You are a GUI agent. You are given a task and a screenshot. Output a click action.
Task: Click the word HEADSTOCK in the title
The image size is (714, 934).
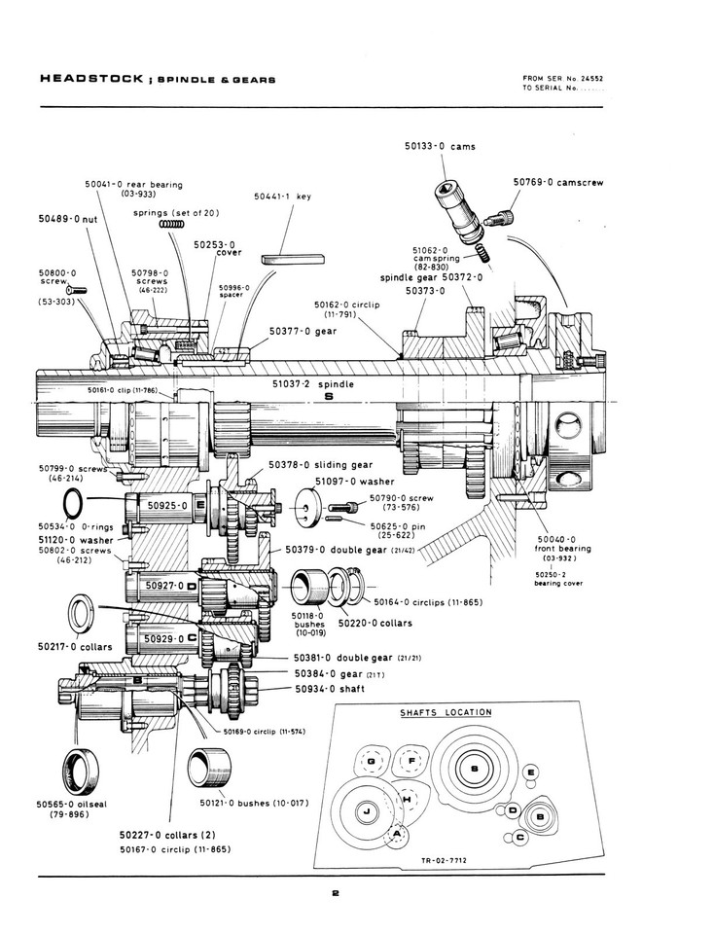81,79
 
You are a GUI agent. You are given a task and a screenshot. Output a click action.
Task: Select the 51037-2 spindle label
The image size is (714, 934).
314,384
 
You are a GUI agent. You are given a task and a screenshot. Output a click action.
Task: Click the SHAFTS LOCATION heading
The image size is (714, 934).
446,712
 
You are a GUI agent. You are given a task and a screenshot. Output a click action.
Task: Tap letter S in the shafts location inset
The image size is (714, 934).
474,769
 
